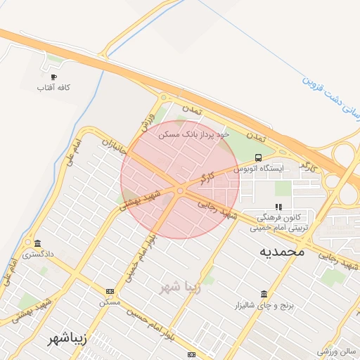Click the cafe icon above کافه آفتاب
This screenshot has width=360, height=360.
[53, 77]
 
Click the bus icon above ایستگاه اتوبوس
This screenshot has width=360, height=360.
[258, 157]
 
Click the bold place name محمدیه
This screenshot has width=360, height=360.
[281, 251]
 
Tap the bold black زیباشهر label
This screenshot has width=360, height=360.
[67, 338]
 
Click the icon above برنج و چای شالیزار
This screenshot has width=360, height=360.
[264, 294]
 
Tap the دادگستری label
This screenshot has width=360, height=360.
[37, 254]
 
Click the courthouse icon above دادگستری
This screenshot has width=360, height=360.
[37, 243]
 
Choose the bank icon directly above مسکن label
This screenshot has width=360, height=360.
[109, 291]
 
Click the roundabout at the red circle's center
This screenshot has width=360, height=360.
[181, 191]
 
